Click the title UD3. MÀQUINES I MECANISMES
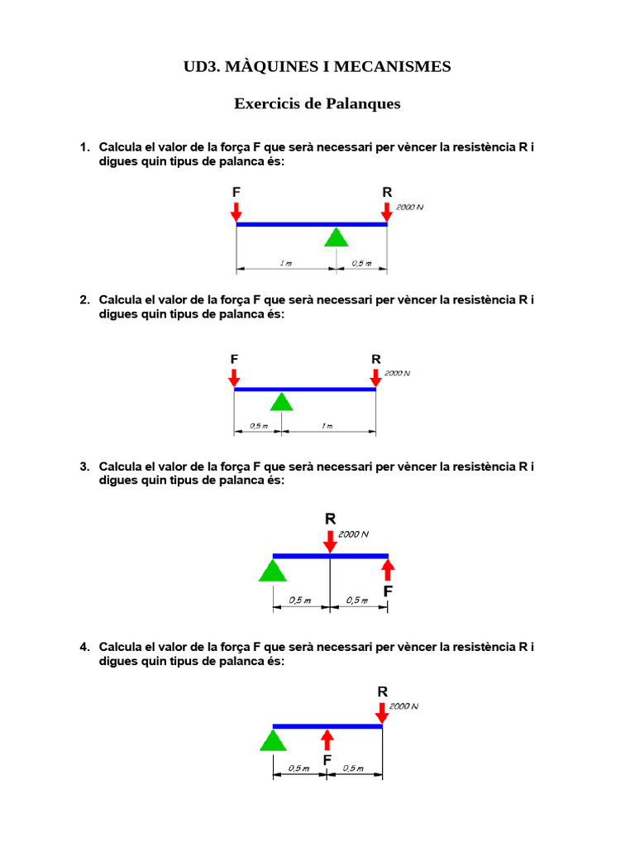(x=317, y=66)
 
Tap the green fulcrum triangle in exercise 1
(x=335, y=237)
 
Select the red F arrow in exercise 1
(x=236, y=211)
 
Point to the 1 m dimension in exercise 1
(x=285, y=264)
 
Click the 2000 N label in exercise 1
(x=409, y=207)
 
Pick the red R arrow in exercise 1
(x=387, y=211)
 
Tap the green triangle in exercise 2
(x=282, y=402)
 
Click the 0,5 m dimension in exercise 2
(x=258, y=427)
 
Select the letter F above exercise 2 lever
(x=235, y=359)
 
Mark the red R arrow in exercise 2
(x=376, y=377)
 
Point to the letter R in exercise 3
(x=330, y=519)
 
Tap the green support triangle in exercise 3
(x=271, y=570)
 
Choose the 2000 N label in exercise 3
(x=353, y=534)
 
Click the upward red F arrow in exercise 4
(x=327, y=739)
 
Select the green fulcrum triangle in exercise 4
(x=273, y=739)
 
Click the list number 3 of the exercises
(x=84, y=467)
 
